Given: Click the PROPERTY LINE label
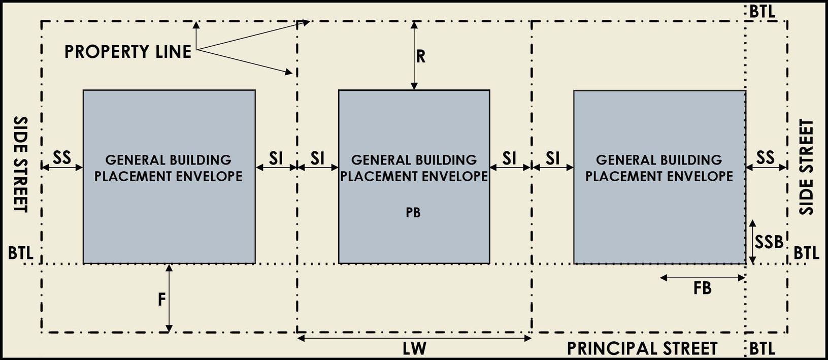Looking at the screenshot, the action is [128, 52].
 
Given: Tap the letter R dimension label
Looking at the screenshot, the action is [421, 57].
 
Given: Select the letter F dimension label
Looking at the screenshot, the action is [161, 300].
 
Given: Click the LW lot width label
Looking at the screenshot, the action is [414, 348].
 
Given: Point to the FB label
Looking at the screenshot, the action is [702, 288].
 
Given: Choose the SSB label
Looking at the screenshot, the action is [769, 242].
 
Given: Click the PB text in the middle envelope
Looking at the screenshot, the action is [413, 213].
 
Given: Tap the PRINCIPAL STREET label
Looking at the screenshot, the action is [642, 348].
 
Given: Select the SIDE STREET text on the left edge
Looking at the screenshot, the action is [21, 165].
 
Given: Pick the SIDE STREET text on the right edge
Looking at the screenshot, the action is [806, 167].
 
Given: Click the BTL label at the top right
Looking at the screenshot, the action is [762, 12].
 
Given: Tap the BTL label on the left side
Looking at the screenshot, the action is [21, 253].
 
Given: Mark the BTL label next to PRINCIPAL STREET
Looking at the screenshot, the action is [762, 349].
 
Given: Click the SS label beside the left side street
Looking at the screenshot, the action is [62, 158].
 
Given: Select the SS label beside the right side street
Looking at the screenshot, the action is [765, 158].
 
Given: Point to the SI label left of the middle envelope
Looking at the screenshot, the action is [317, 158].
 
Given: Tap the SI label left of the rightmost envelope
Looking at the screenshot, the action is [553, 158].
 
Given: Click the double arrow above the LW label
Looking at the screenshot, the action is [414, 338].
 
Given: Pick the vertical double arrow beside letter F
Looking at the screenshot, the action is [169, 298].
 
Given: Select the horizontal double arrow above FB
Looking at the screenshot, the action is [702, 278].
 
